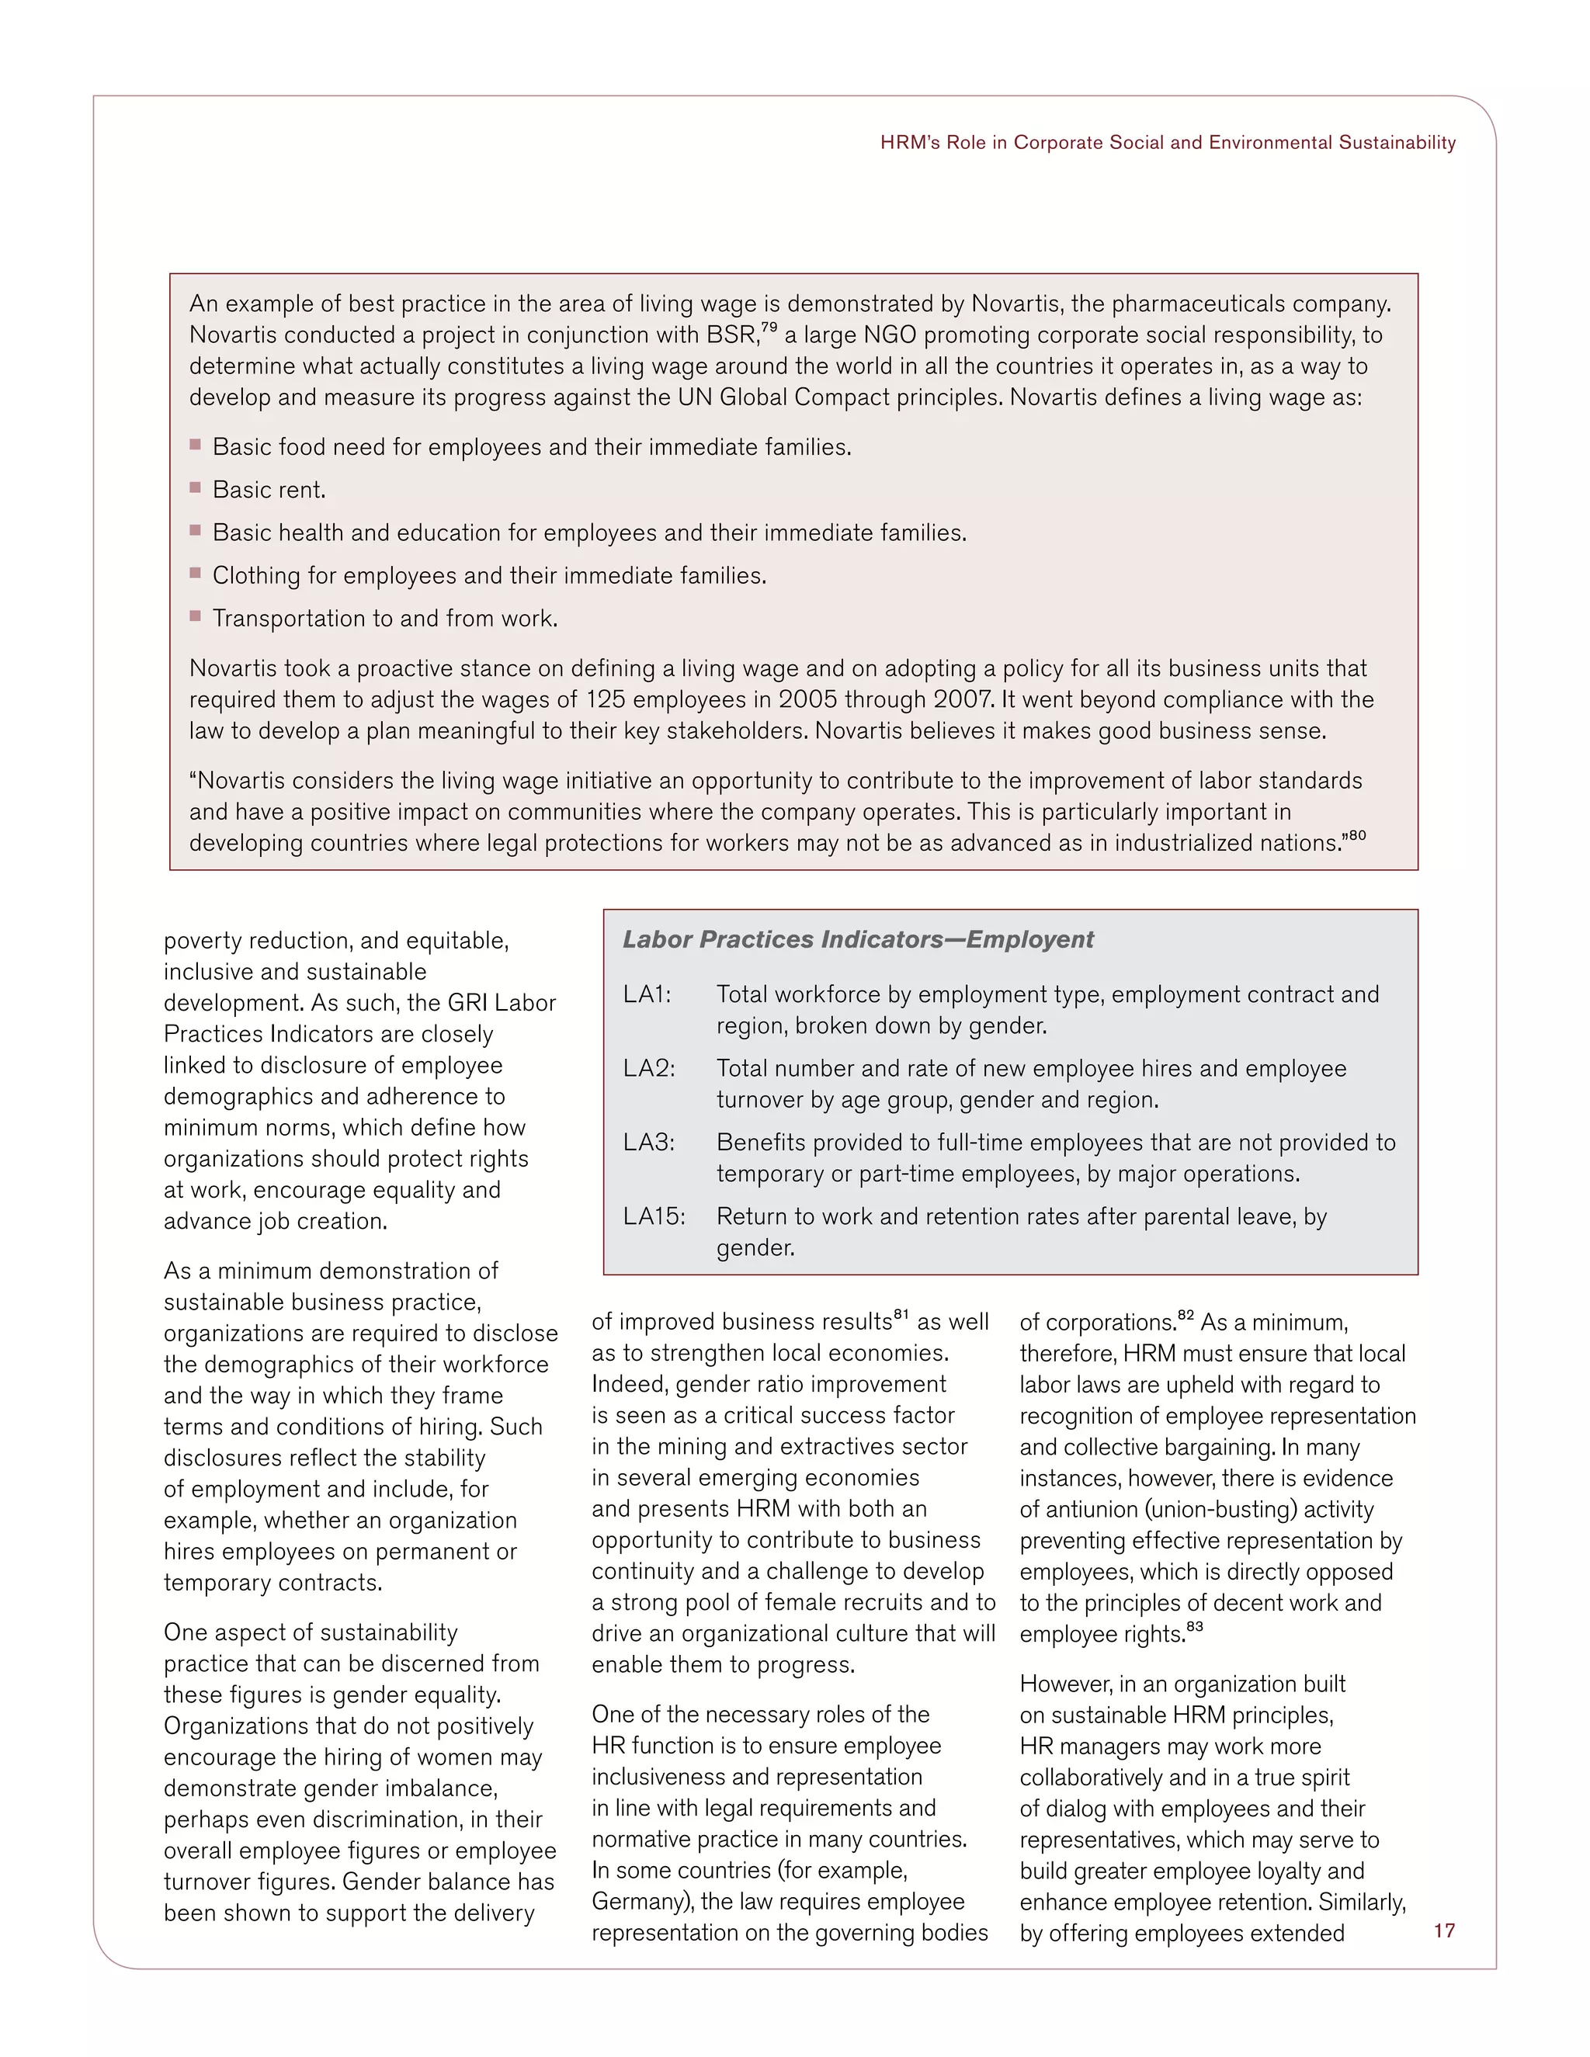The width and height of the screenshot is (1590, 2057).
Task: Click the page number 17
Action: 1444,1930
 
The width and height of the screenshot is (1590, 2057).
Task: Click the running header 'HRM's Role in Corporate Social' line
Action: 1167,143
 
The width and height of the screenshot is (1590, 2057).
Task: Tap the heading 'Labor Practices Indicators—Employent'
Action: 857,939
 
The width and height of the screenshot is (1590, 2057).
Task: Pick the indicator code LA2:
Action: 648,1068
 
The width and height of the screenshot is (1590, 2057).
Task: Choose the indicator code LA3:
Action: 648,1143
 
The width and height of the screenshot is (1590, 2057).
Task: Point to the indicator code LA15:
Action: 654,1216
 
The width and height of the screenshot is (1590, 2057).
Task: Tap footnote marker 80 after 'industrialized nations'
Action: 1356,835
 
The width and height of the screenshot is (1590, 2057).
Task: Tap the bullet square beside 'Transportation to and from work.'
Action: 196,616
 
